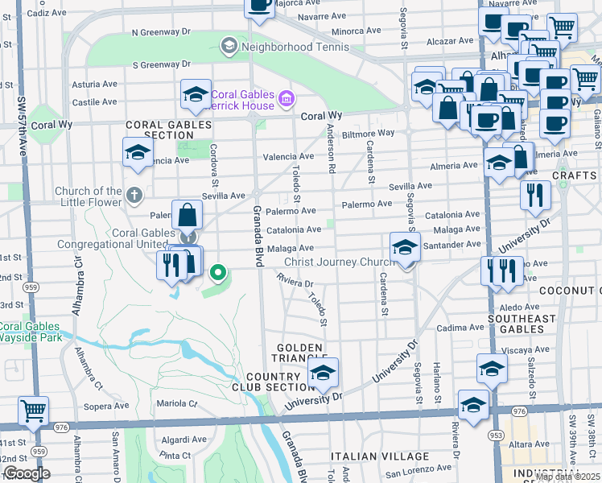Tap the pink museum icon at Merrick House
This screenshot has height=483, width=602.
tap(286, 99)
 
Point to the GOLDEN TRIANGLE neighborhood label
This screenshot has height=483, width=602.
tap(298, 353)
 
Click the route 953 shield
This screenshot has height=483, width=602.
tap(489, 436)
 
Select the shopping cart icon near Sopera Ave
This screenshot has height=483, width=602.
tap(33, 411)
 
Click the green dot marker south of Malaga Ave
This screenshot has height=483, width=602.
tap(217, 274)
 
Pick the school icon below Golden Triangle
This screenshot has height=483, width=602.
tap(323, 373)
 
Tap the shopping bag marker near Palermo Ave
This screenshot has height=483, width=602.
tap(187, 215)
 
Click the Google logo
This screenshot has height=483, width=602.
tap(27, 473)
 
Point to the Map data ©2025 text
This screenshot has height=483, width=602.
tap(567, 477)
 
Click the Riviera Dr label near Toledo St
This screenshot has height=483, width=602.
tap(295, 283)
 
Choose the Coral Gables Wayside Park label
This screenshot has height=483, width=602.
tap(31, 332)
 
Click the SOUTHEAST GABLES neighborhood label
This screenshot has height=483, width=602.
tap(522, 324)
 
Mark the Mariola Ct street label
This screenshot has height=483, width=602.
tap(176, 403)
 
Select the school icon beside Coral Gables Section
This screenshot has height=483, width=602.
tap(138, 151)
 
